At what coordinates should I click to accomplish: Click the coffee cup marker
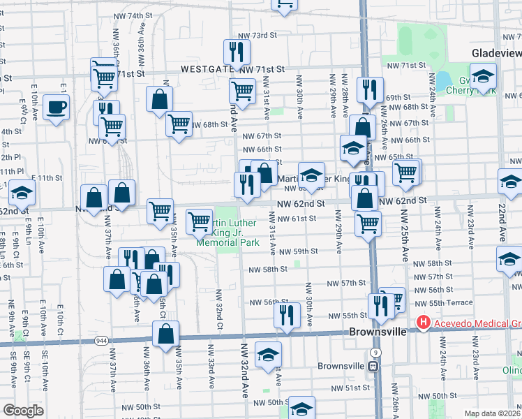[x=56, y=108]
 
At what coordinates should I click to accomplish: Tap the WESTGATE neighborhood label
[x=207, y=70]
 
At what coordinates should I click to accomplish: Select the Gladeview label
[x=495, y=53]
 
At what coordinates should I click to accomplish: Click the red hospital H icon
[x=422, y=323]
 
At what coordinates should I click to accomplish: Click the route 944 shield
[x=101, y=340]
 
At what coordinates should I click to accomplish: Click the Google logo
[x=24, y=411]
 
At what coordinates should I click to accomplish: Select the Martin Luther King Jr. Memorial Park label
[x=228, y=233]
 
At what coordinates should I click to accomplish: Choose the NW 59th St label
[x=301, y=251]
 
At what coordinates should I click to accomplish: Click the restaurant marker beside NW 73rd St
[x=237, y=51]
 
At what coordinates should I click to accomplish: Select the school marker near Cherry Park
[x=483, y=76]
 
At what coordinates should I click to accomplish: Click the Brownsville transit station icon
[x=373, y=365]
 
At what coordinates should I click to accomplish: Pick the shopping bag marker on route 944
[x=165, y=335]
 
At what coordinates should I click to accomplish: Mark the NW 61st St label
[x=299, y=219]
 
